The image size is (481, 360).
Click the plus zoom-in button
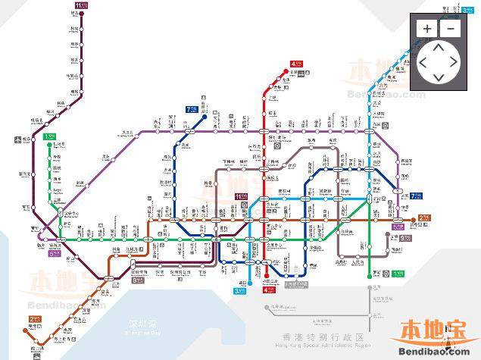point(427,29)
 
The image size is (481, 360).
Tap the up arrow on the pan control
point(439,48)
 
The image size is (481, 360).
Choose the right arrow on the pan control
point(454,63)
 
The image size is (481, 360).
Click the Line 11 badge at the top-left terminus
point(81,5)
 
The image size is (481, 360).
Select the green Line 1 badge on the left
point(49,136)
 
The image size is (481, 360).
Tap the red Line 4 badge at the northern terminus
point(295,64)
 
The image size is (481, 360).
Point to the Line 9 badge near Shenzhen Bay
point(138,280)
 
